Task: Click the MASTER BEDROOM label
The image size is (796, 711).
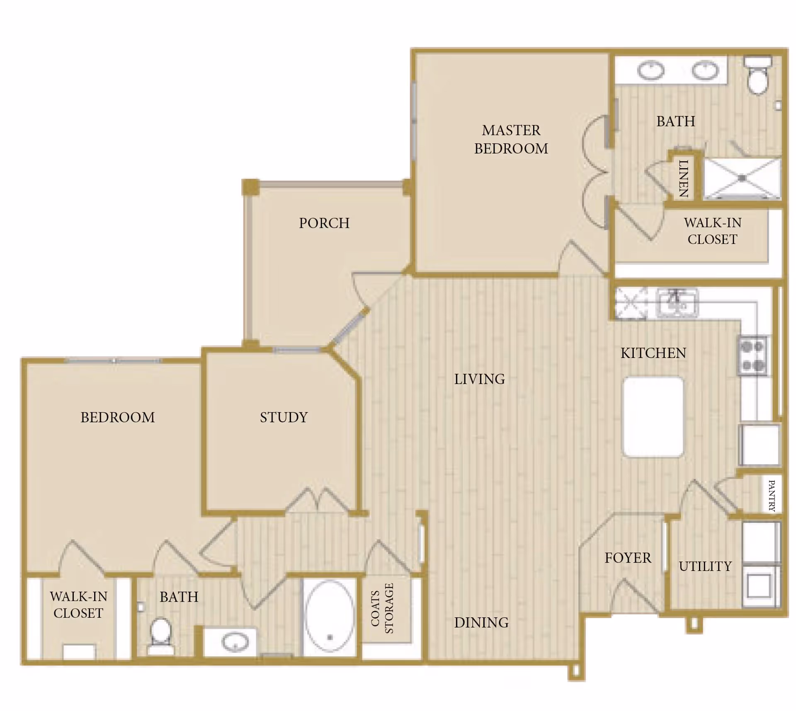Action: pyautogui.click(x=511, y=139)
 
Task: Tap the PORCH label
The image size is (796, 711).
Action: pyautogui.click(x=324, y=223)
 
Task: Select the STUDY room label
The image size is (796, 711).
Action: pyautogui.click(x=284, y=417)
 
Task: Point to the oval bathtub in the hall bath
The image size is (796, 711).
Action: pyautogui.click(x=330, y=616)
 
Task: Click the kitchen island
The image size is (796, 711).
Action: pyautogui.click(x=653, y=417)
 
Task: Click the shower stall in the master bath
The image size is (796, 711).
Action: pyautogui.click(x=742, y=178)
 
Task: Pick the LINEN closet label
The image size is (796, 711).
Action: pyautogui.click(x=683, y=179)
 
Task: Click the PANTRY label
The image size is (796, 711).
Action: pyautogui.click(x=772, y=496)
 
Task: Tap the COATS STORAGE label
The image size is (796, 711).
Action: pyautogui.click(x=382, y=608)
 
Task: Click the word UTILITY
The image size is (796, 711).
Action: pyautogui.click(x=705, y=566)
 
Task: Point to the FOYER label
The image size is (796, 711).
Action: pyautogui.click(x=628, y=558)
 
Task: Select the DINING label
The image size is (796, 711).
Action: pyautogui.click(x=481, y=622)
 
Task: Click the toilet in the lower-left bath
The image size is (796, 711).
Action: pyautogui.click(x=160, y=633)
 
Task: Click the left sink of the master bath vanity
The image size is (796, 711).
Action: pyautogui.click(x=650, y=70)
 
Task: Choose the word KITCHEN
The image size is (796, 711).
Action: pyautogui.click(x=653, y=353)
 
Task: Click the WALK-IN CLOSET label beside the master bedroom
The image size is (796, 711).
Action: pyautogui.click(x=712, y=231)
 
